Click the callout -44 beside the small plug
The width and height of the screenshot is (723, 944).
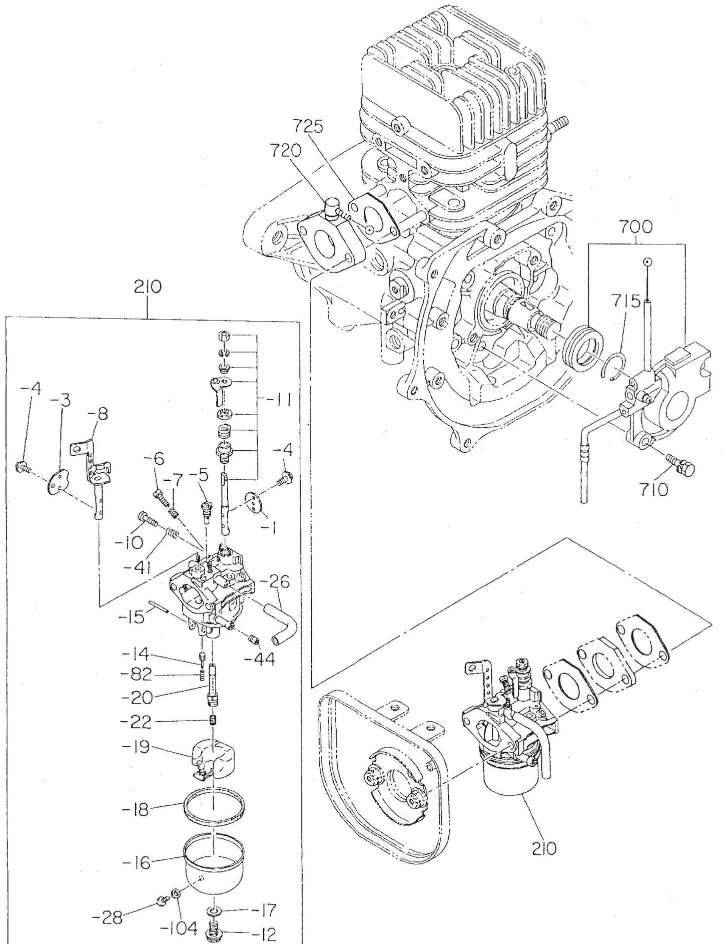tap(260, 659)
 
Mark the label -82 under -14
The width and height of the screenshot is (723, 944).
tap(136, 675)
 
